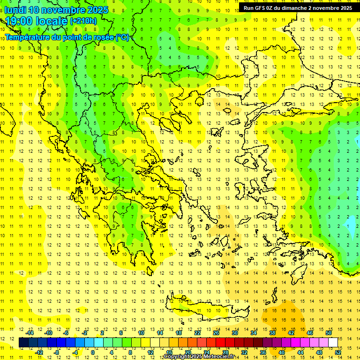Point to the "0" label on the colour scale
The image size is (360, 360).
point(92,352)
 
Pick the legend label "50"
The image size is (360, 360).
point(329,333)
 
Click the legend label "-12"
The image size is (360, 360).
point(39,352)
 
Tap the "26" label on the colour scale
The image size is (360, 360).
point(216,333)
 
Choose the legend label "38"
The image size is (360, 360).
point(272,333)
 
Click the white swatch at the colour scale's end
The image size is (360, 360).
point(333,343)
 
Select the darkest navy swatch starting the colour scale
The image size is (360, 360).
point(23,343)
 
